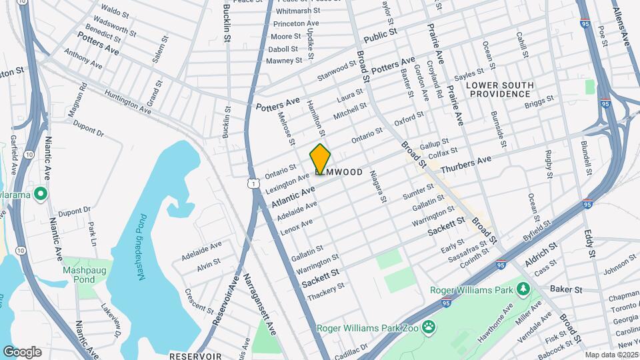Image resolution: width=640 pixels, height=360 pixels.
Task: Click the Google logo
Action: (x=23, y=351)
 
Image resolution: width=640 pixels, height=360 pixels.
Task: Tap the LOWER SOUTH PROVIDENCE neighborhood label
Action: (x=499, y=89)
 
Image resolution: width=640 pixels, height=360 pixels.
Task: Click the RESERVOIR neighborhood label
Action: (x=195, y=356)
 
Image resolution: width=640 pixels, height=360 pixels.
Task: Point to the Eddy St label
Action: (x=589, y=244)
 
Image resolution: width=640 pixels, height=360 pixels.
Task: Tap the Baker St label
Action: (x=566, y=289)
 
